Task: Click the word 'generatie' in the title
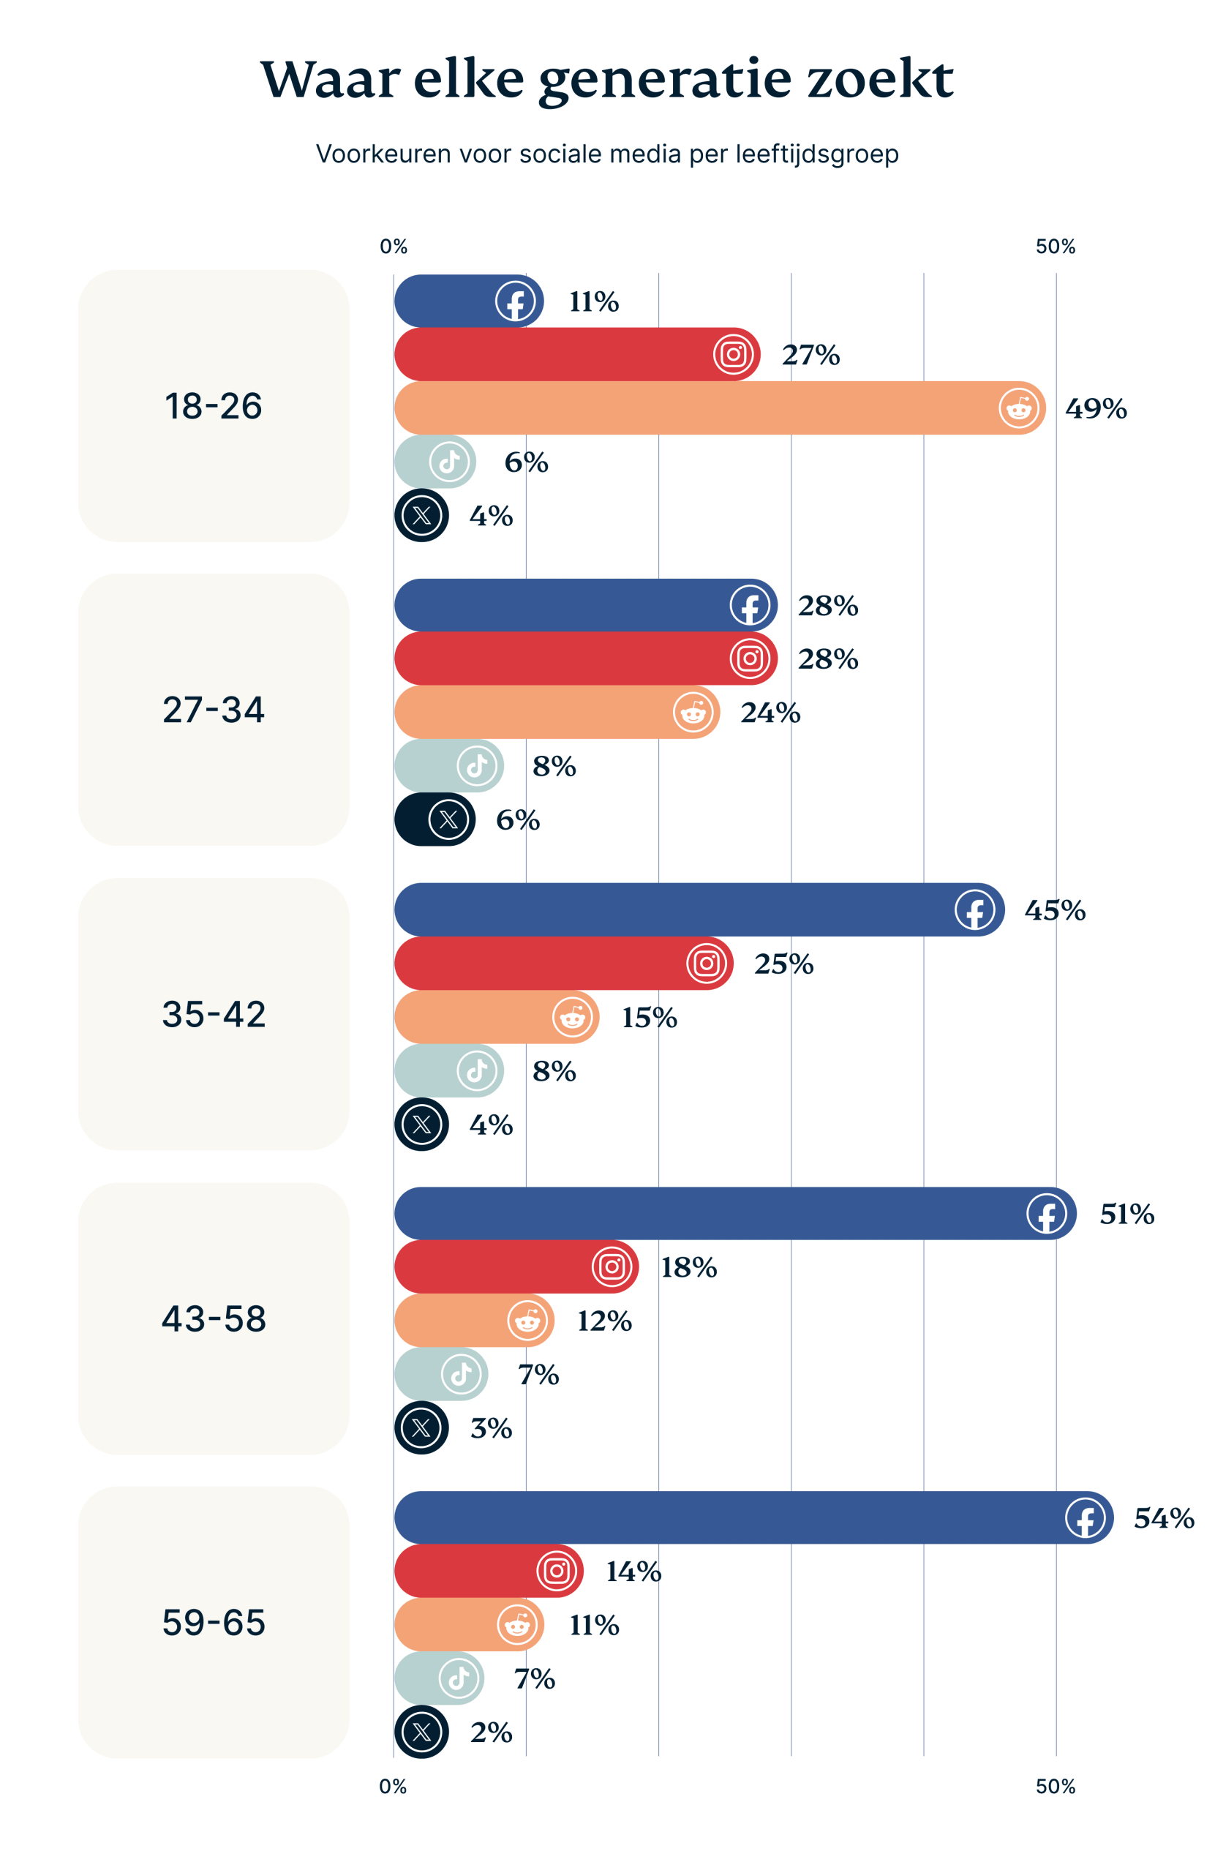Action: tap(664, 80)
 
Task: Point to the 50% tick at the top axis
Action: tap(1055, 247)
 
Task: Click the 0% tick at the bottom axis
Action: tap(393, 1787)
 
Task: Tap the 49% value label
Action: tap(1095, 408)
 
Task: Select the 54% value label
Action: tap(1163, 1518)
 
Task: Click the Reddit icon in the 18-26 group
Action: tap(1018, 408)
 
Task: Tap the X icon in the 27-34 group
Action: tap(448, 819)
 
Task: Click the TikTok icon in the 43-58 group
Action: tap(460, 1374)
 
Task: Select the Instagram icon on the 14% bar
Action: tap(555, 1571)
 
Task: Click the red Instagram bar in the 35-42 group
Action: tap(535, 964)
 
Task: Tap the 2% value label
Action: tap(491, 1732)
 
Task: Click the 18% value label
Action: tap(688, 1267)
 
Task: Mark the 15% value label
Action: tap(648, 1018)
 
